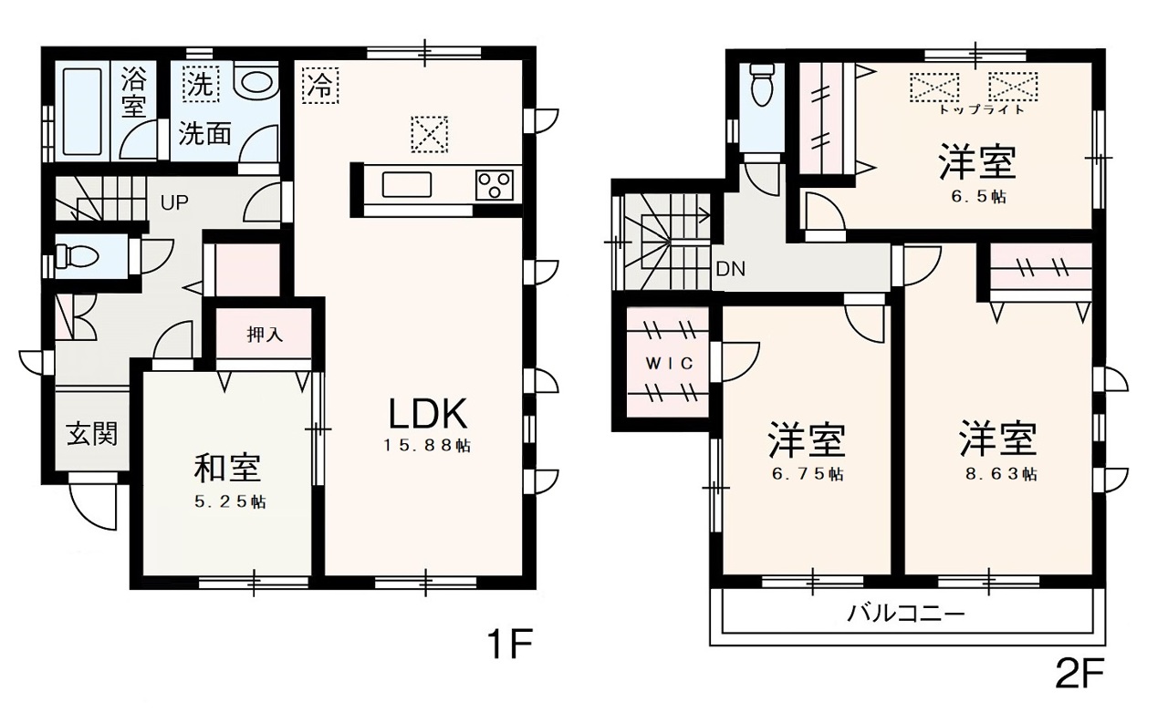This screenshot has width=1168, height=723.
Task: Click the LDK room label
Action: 428,414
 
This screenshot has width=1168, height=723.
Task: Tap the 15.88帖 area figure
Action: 428,446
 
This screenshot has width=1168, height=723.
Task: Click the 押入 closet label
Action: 265,335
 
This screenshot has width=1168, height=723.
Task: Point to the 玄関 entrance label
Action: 92,434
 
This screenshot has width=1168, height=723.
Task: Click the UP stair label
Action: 174,202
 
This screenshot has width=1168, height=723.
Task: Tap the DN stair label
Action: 731,269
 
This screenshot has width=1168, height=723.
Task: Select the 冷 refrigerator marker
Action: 320,86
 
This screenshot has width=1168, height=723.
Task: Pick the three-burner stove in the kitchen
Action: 495,186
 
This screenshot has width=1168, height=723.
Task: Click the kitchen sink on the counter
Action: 407,184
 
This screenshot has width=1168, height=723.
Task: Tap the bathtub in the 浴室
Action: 82,111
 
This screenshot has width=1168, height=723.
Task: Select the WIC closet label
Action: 670,363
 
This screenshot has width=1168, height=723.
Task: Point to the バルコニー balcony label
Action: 905,614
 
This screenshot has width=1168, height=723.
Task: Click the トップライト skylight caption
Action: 982,109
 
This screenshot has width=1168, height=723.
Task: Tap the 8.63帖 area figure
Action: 1001,474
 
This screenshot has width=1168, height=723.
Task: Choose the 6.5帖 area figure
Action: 978,197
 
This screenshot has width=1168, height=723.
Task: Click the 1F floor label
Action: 509,645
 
